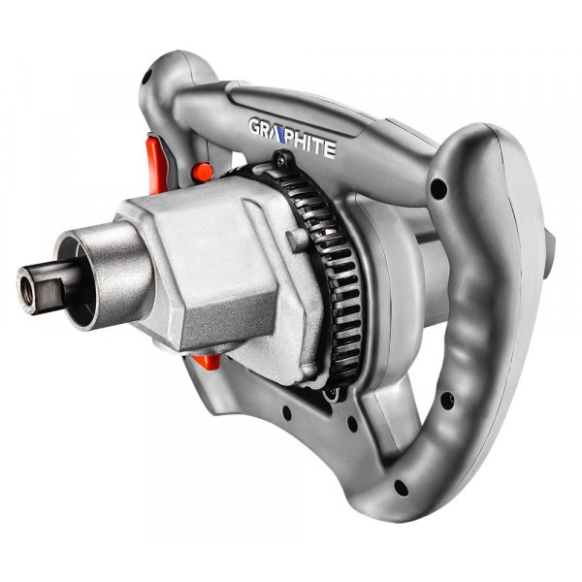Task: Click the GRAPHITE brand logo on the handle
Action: point(293,138)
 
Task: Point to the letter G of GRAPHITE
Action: point(255,126)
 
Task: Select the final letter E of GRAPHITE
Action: point(329,150)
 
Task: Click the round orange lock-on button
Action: point(203,172)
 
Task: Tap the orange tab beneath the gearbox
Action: point(208,361)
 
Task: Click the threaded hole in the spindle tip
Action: point(27,289)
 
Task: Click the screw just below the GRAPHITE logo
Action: point(281,160)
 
